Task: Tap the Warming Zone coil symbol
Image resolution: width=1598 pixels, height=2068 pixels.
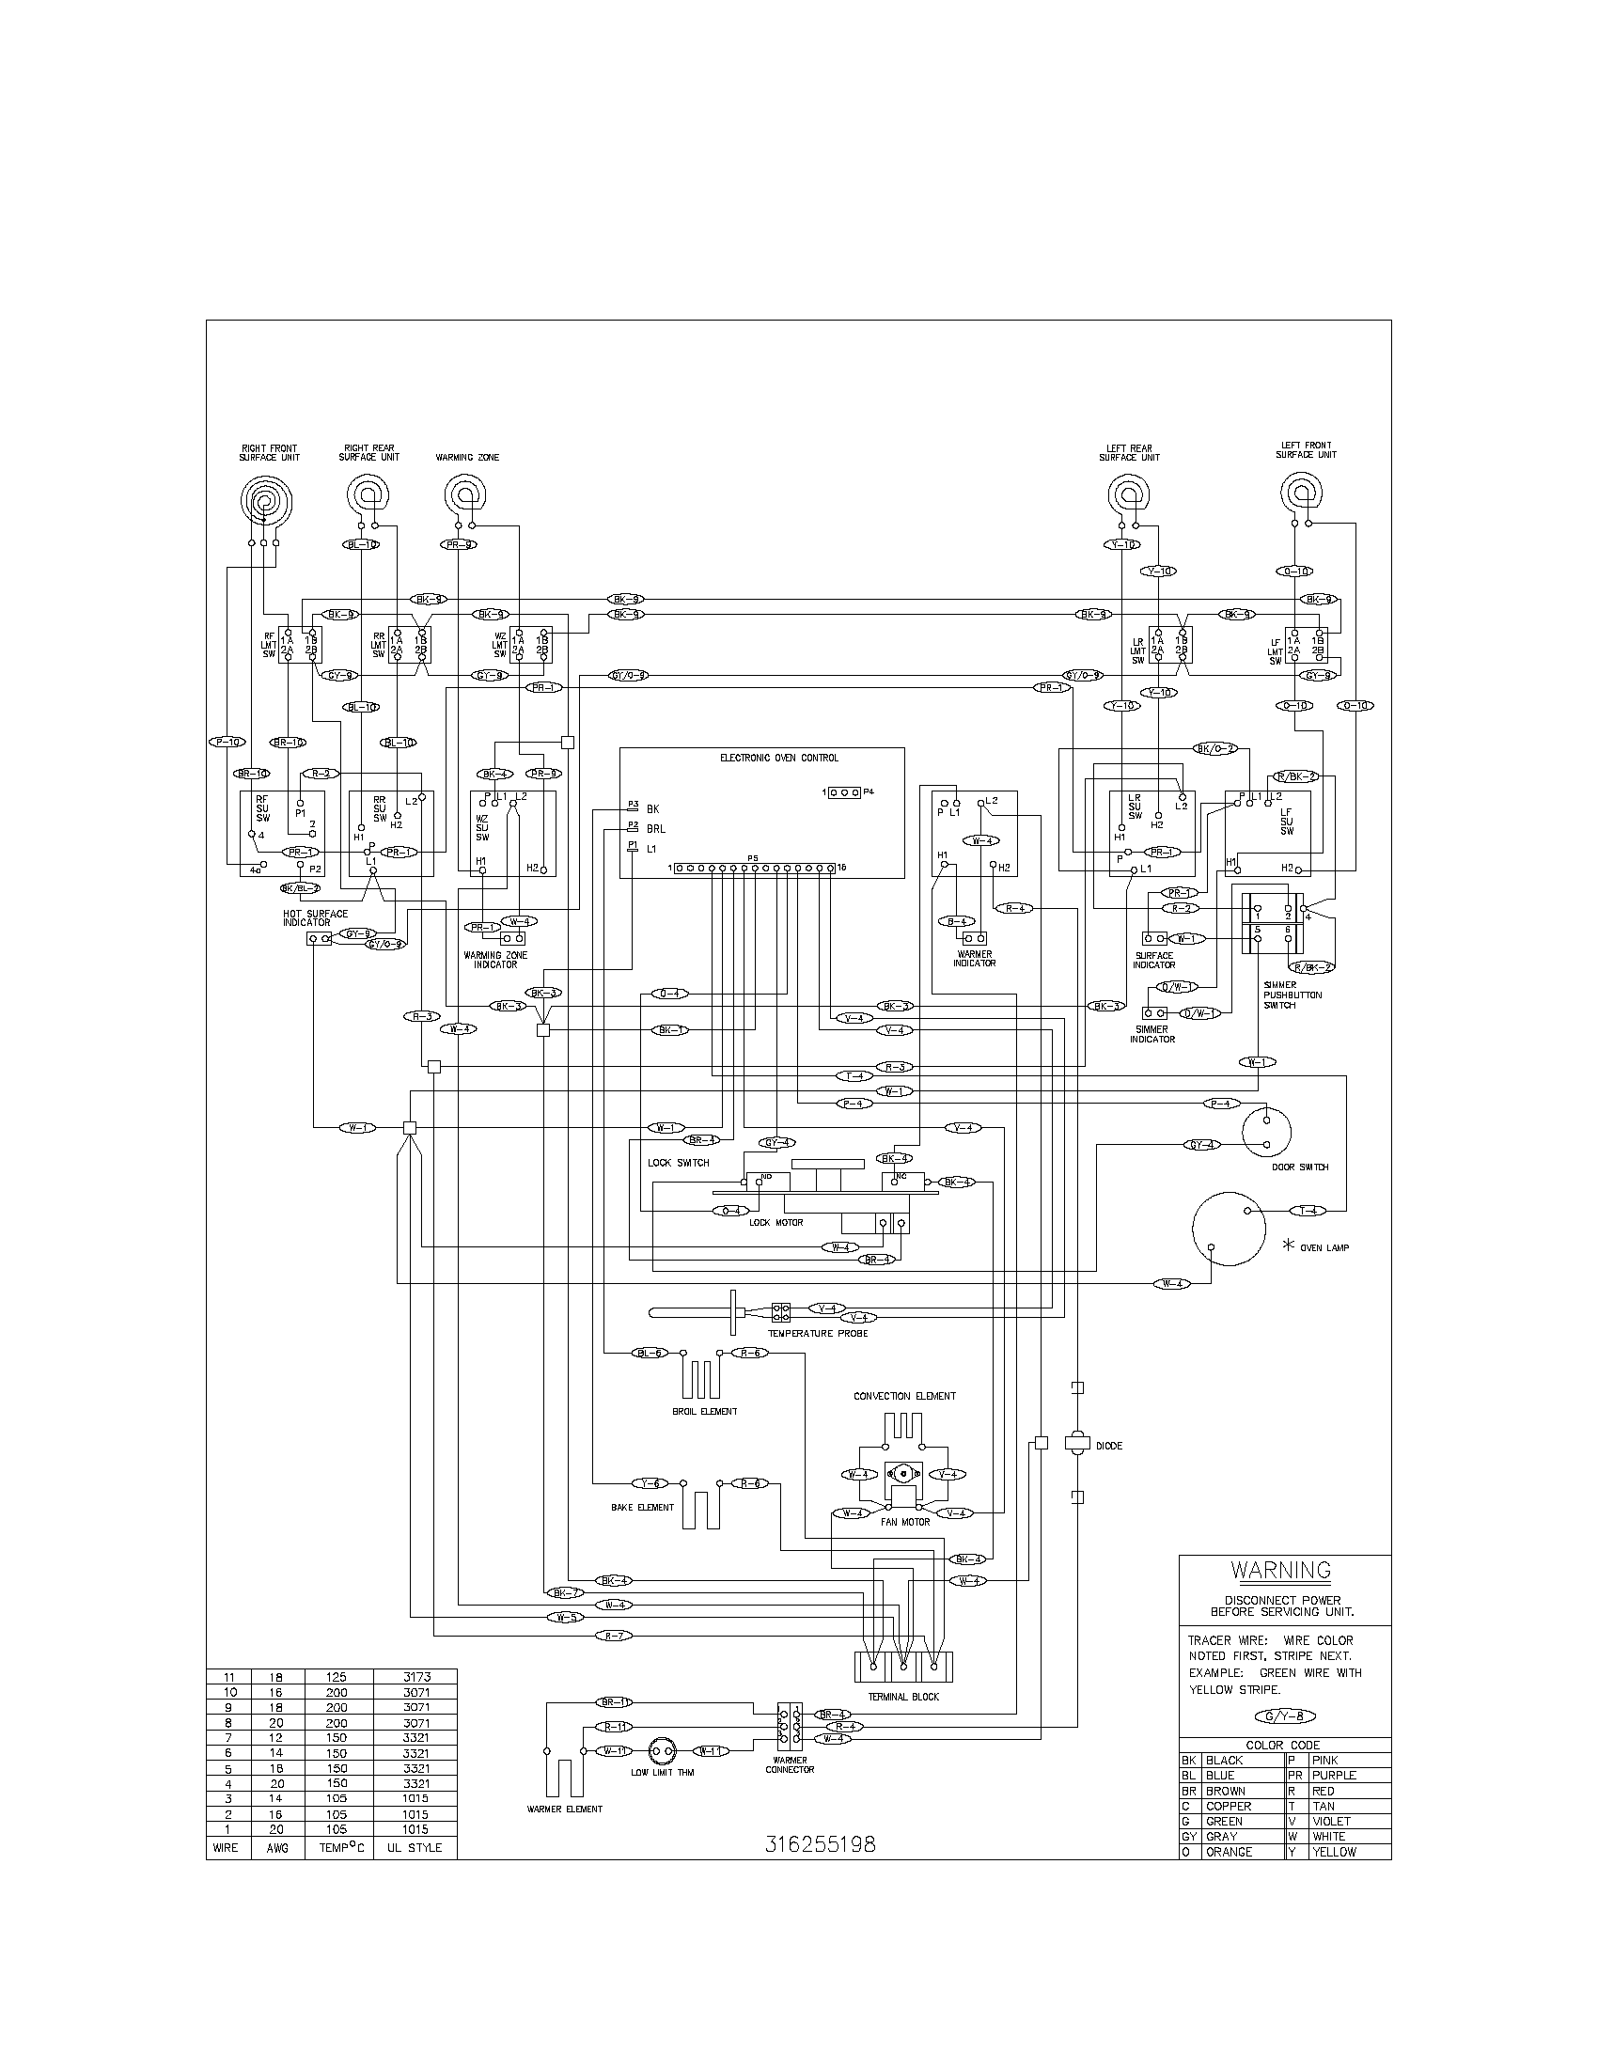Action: (464, 495)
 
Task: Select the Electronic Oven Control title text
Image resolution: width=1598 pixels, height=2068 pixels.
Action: (778, 758)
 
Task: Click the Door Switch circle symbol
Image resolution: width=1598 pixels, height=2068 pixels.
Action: (1266, 1131)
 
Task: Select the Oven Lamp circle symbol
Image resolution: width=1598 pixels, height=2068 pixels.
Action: (1228, 1229)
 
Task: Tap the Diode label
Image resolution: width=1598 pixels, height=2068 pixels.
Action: (1108, 1446)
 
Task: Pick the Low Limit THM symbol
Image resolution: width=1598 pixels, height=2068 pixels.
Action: (662, 1751)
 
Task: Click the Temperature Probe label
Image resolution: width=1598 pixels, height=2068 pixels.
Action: (817, 1333)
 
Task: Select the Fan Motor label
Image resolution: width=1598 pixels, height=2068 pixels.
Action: (904, 1522)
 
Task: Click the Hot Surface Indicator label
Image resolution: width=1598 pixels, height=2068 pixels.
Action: (315, 917)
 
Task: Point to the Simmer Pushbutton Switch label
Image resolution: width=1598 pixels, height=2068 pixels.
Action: (1292, 995)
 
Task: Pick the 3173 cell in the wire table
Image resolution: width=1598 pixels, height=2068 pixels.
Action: (415, 1676)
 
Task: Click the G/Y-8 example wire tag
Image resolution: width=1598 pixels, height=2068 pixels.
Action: (1283, 1716)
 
